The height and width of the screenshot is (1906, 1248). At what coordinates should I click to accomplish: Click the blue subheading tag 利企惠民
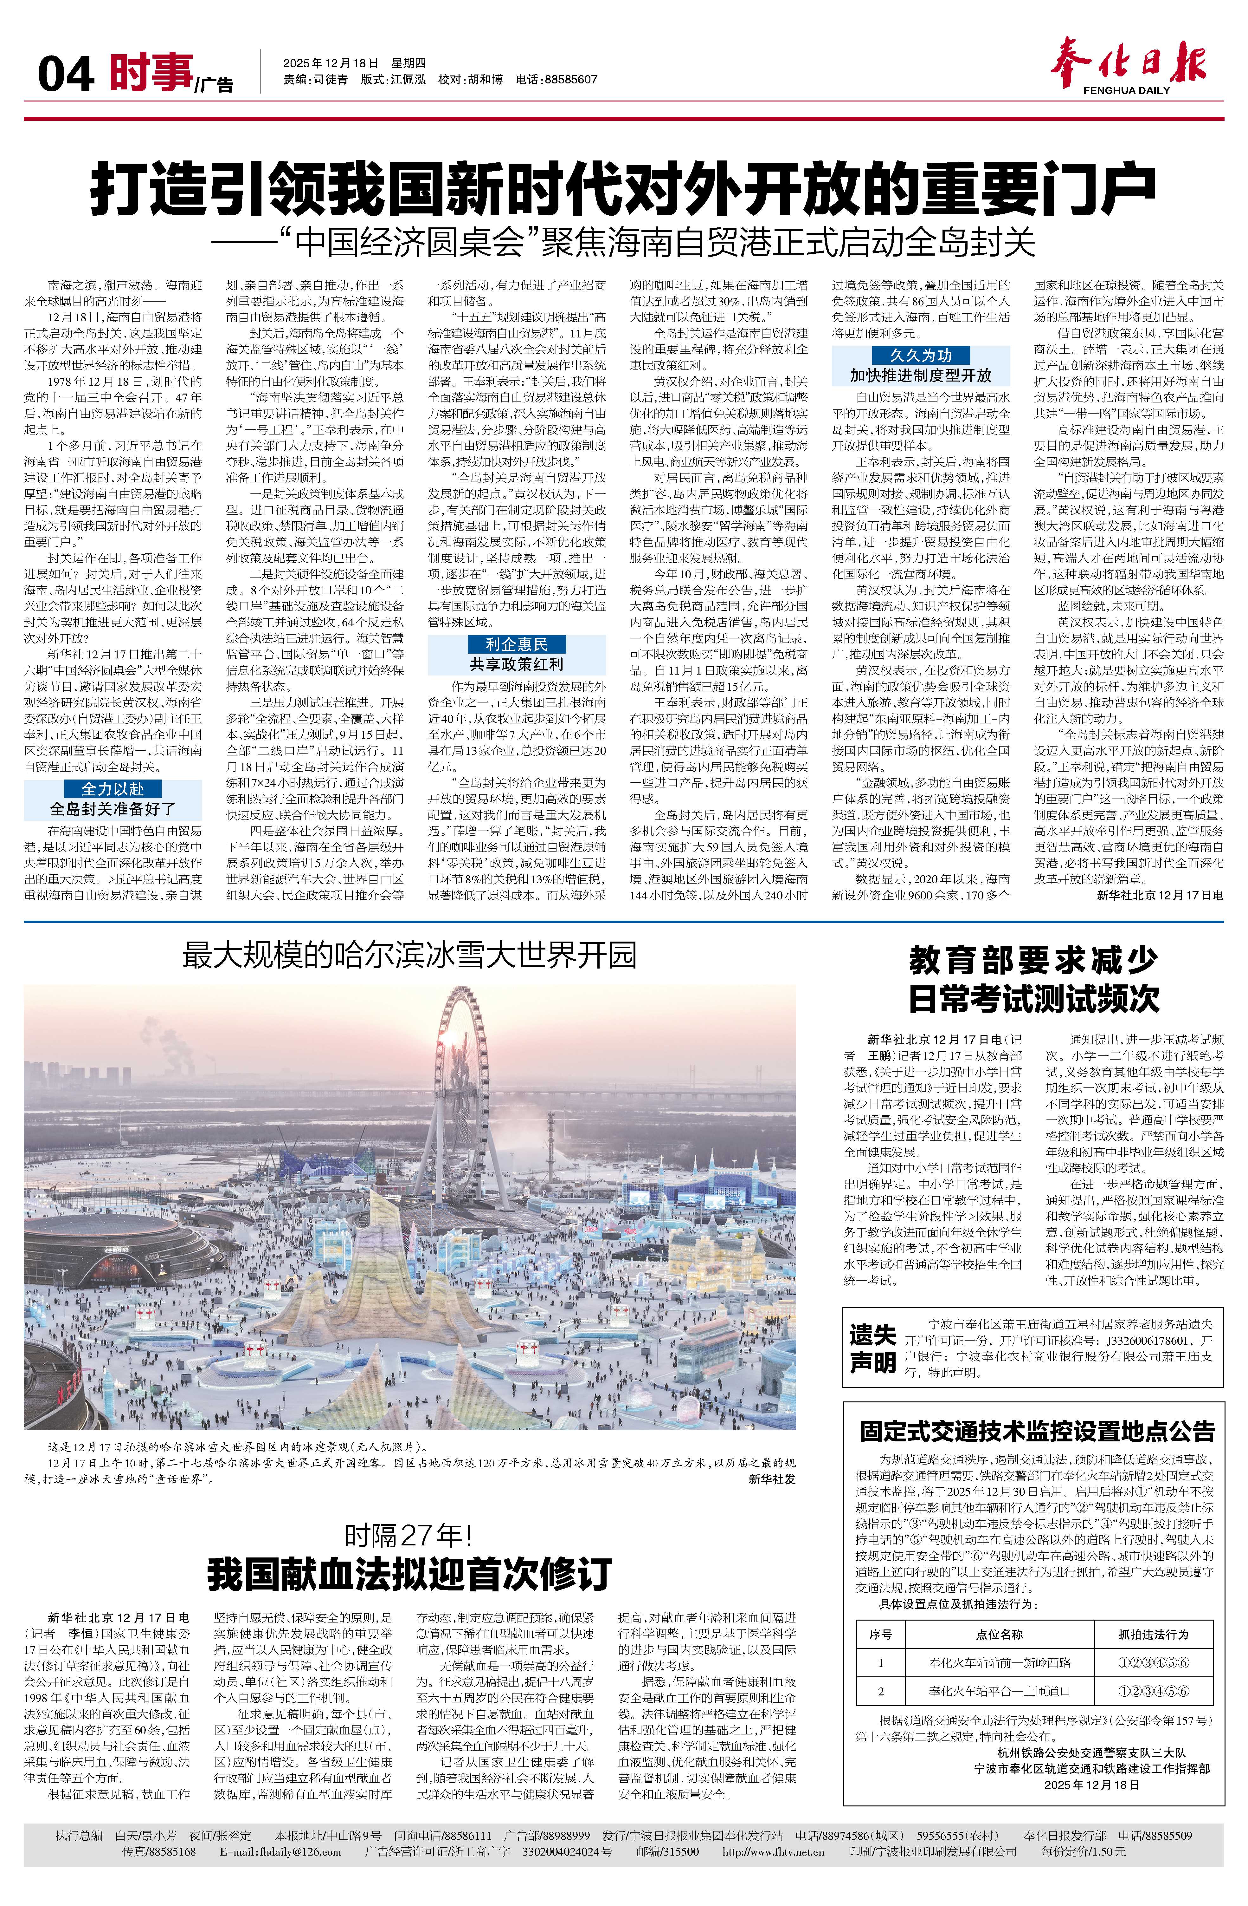(x=516, y=644)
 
